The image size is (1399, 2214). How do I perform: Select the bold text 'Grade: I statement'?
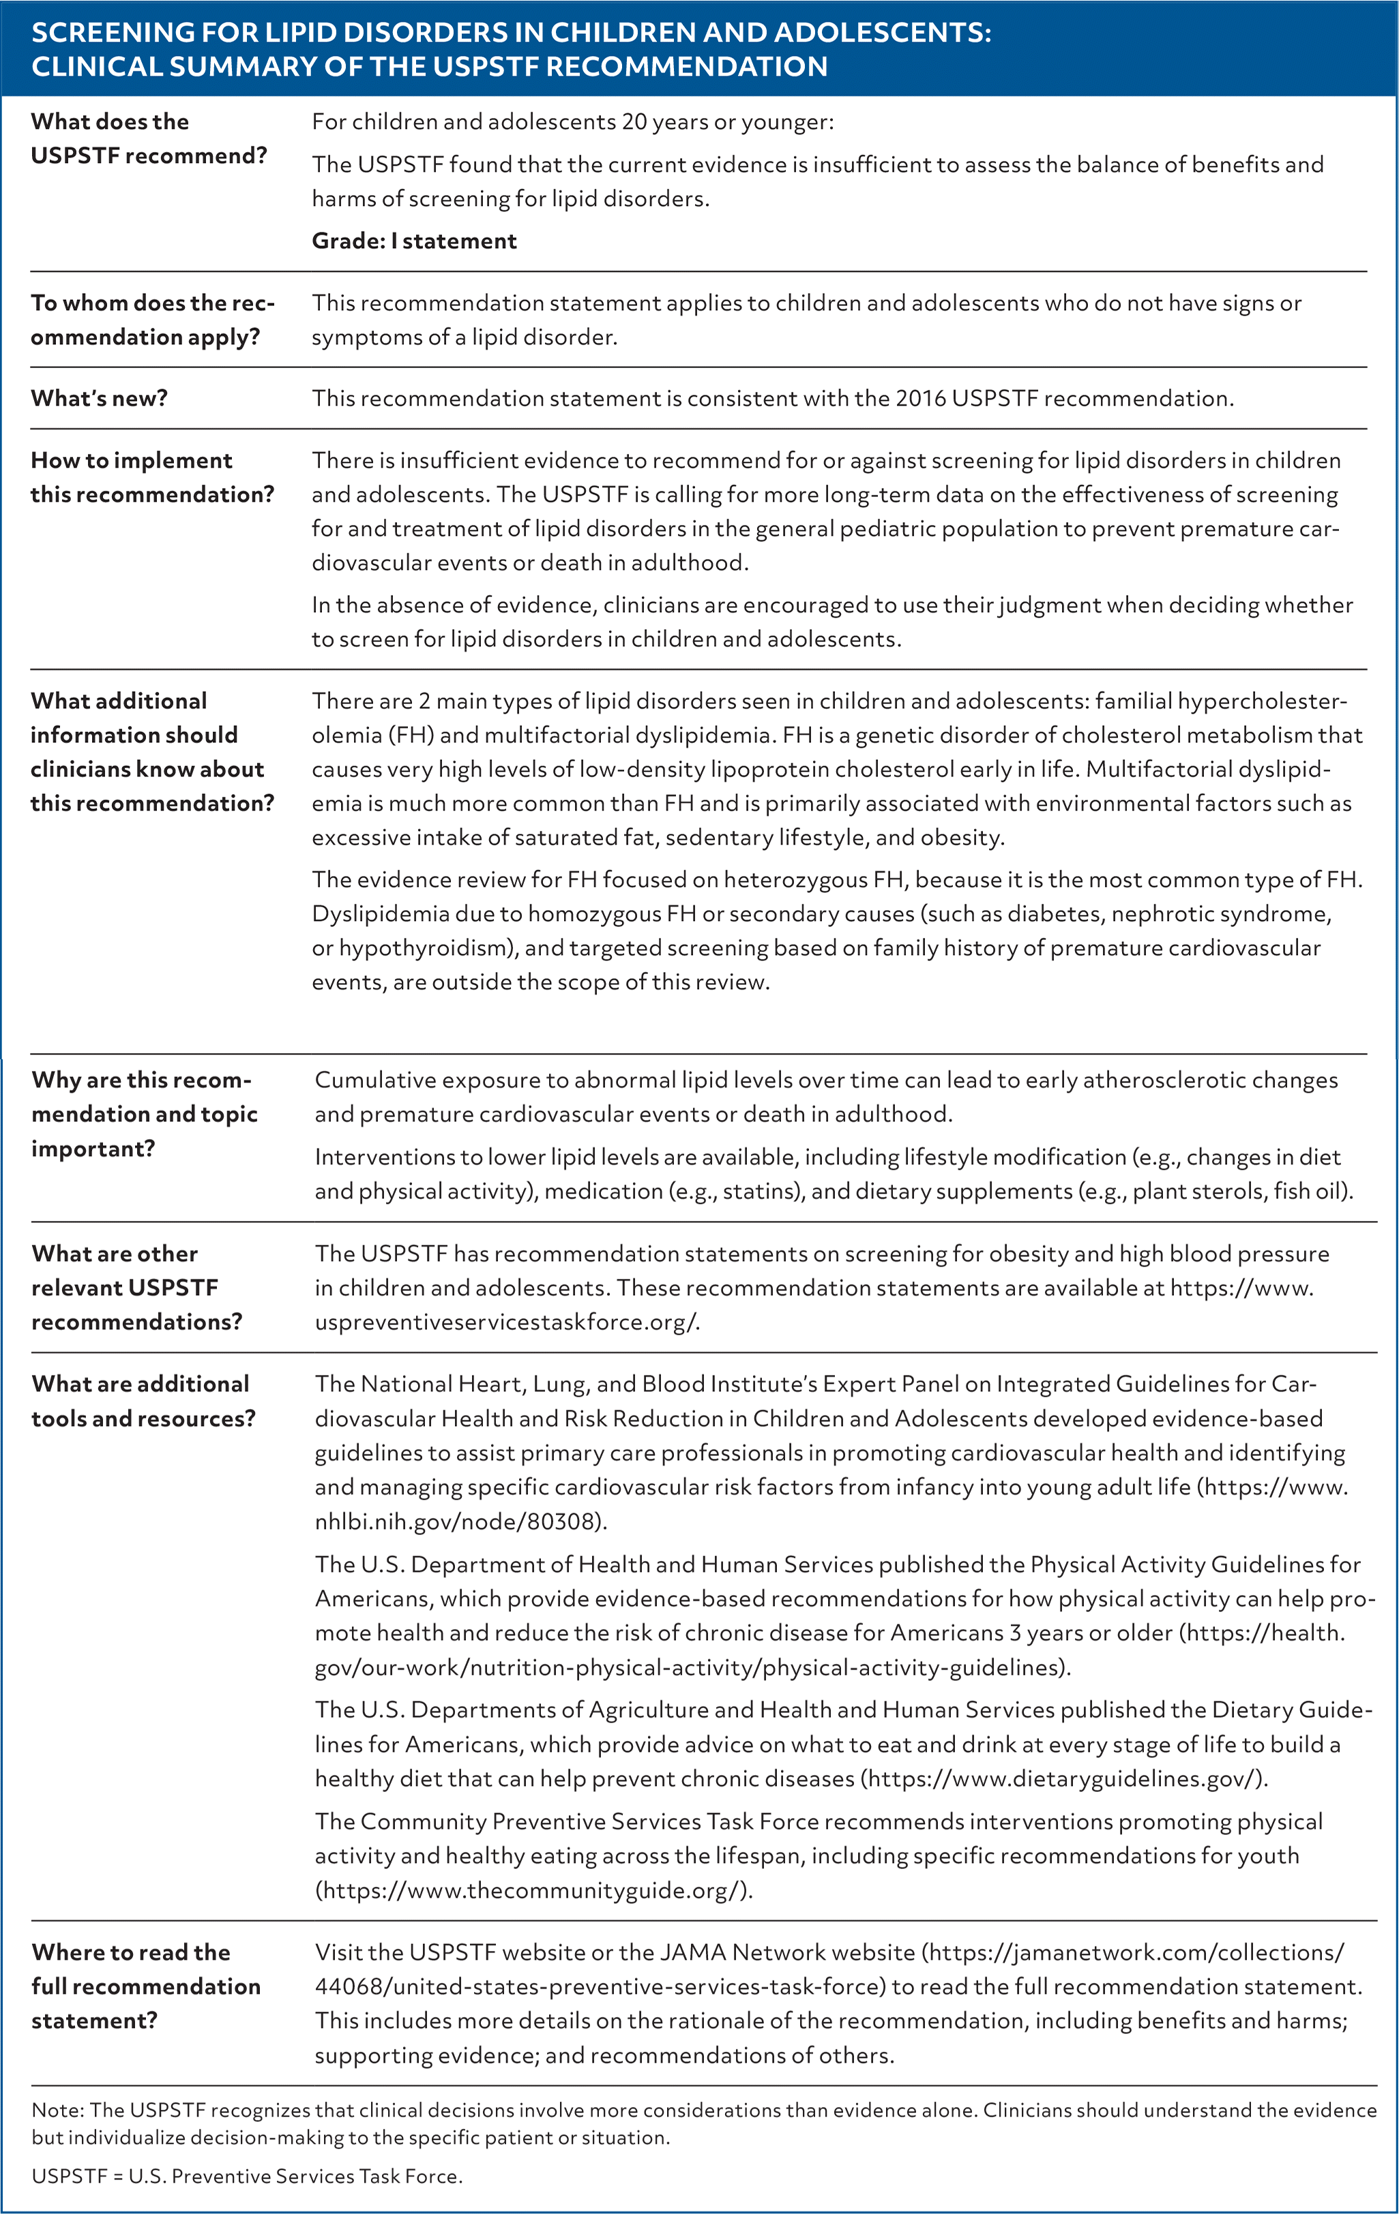tap(414, 241)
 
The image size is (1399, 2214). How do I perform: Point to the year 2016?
tap(921, 398)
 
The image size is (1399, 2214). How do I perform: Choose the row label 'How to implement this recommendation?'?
tap(151, 477)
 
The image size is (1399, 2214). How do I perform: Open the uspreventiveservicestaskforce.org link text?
tap(506, 1322)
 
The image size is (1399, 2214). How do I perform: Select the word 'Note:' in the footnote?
tap(58, 2110)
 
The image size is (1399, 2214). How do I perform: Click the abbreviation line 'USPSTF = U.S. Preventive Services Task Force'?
tap(246, 2177)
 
